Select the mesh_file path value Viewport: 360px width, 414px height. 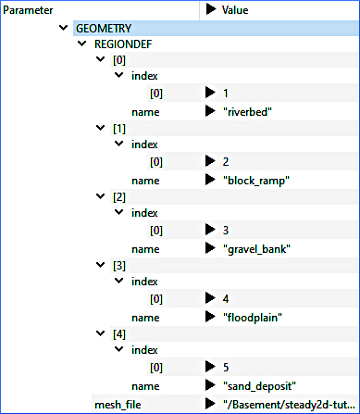pos(288,404)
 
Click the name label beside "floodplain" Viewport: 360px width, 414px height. pos(146,317)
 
